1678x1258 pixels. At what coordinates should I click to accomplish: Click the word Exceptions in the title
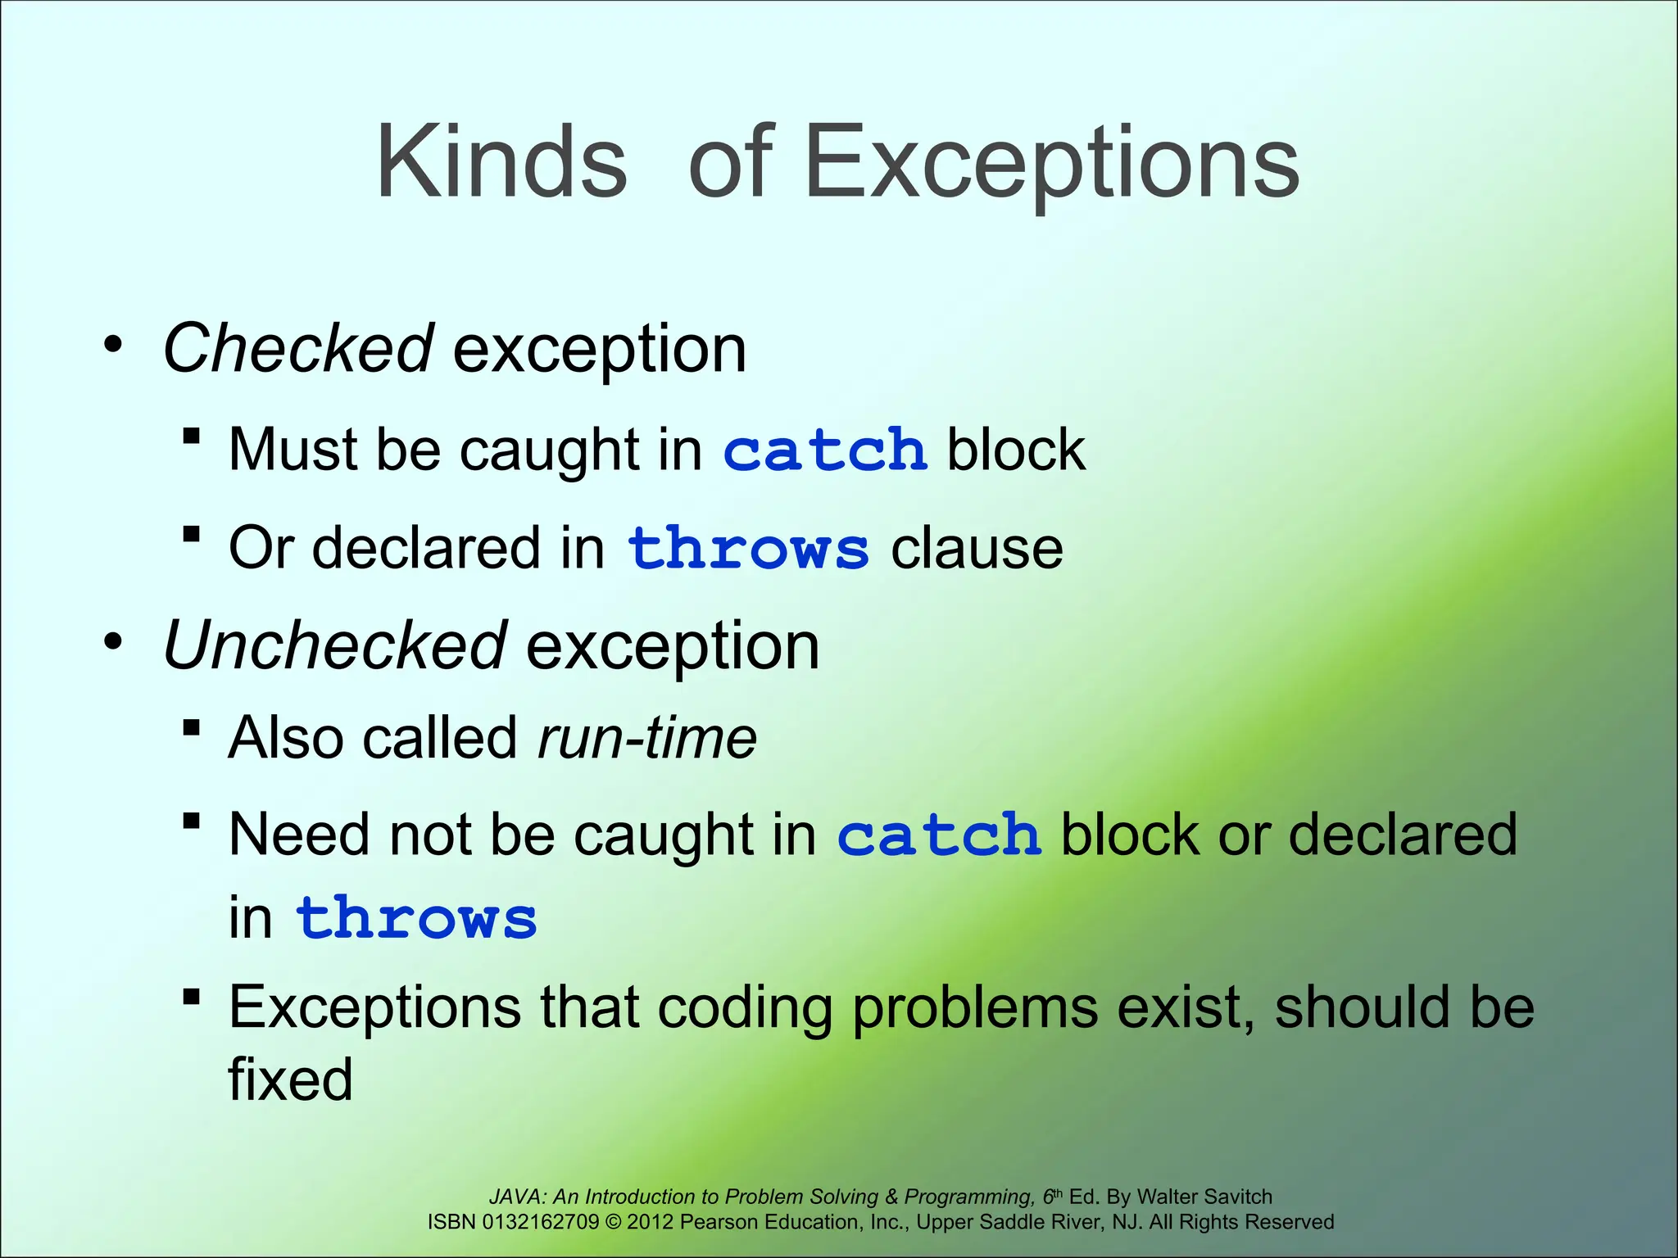click(x=1052, y=162)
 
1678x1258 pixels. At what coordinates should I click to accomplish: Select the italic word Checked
click(x=298, y=348)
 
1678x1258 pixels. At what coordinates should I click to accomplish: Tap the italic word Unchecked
click(x=334, y=646)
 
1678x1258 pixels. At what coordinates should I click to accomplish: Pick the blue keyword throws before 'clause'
click(x=747, y=548)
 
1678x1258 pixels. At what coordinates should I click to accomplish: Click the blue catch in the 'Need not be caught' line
click(x=939, y=835)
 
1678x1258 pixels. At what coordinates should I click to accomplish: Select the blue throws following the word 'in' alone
click(x=416, y=918)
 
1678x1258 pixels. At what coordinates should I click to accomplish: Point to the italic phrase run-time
click(x=647, y=738)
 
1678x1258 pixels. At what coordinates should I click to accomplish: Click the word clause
click(x=977, y=548)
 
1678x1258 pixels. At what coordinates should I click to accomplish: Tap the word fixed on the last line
click(x=290, y=1079)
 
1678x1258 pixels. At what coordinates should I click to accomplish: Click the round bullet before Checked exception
click(x=114, y=344)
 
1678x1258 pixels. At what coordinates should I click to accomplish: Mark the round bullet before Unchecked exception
click(x=114, y=641)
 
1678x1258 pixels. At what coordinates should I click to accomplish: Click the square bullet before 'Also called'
click(x=192, y=727)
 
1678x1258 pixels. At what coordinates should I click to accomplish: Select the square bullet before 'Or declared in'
click(x=192, y=536)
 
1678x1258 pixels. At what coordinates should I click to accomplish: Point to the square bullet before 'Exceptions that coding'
click(x=192, y=997)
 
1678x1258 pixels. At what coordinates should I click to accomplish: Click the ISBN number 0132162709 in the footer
click(x=541, y=1222)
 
